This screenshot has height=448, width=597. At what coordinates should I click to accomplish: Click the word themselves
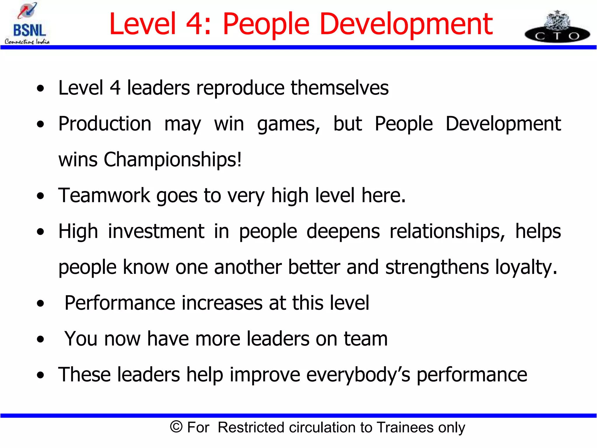pos(340,88)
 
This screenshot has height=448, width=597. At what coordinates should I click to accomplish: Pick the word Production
pos(105,124)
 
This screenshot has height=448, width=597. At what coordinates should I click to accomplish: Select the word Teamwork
pos(104,195)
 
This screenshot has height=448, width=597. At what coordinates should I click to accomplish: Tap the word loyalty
pos(526,267)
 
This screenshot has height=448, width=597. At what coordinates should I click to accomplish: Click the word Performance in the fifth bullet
pos(120,303)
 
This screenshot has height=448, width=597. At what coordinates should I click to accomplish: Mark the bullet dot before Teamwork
pos(41,196)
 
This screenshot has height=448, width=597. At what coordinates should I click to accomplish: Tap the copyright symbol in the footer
pos(176,427)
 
